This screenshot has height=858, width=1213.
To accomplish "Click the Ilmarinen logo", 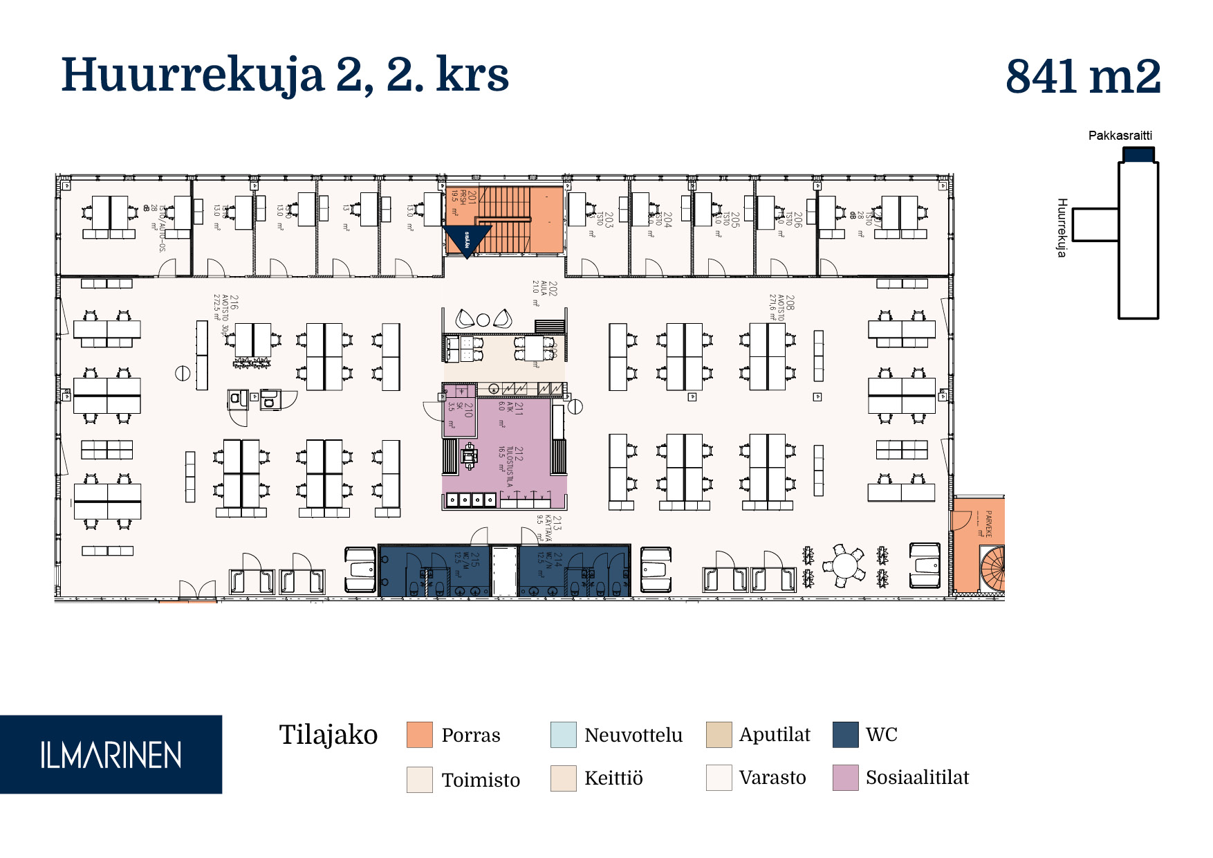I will tap(111, 754).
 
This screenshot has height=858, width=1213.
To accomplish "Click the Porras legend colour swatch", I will tap(420, 735).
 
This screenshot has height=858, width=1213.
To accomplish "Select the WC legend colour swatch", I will tap(845, 735).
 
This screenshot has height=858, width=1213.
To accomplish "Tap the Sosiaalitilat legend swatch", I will tap(845, 778).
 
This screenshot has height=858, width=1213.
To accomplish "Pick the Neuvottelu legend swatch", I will tap(563, 735).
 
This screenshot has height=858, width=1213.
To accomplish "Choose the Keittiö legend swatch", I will tap(563, 778).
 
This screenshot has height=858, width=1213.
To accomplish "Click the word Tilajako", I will tap(328, 735).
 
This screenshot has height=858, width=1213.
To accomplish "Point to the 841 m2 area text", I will tap(1082, 76).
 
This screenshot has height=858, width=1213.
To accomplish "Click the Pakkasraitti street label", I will tap(1120, 136).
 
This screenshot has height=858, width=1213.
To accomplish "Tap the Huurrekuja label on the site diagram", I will tap(1062, 228).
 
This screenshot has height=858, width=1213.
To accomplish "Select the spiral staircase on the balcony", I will tap(993, 567).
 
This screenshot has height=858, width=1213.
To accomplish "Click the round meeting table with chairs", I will tap(844, 565).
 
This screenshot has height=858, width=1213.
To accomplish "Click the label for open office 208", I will tap(781, 307).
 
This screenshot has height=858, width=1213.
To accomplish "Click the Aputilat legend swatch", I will tap(719, 735).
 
